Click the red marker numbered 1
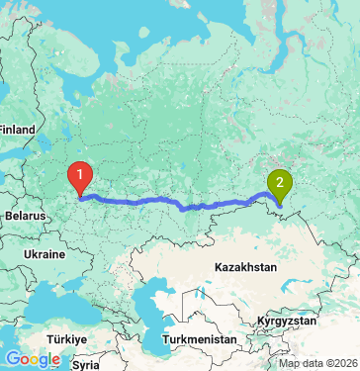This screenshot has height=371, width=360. (79, 178)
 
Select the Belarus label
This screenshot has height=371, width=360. (24, 215)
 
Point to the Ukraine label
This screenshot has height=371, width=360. (45, 254)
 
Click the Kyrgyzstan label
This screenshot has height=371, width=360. (286, 322)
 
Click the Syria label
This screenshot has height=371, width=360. (86, 364)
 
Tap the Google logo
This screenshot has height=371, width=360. (32, 358)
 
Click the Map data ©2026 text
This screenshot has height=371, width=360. (317, 363)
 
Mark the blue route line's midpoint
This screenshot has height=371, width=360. (178, 205)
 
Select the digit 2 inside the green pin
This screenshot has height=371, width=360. (280, 181)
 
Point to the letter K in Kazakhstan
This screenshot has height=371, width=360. (219, 267)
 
